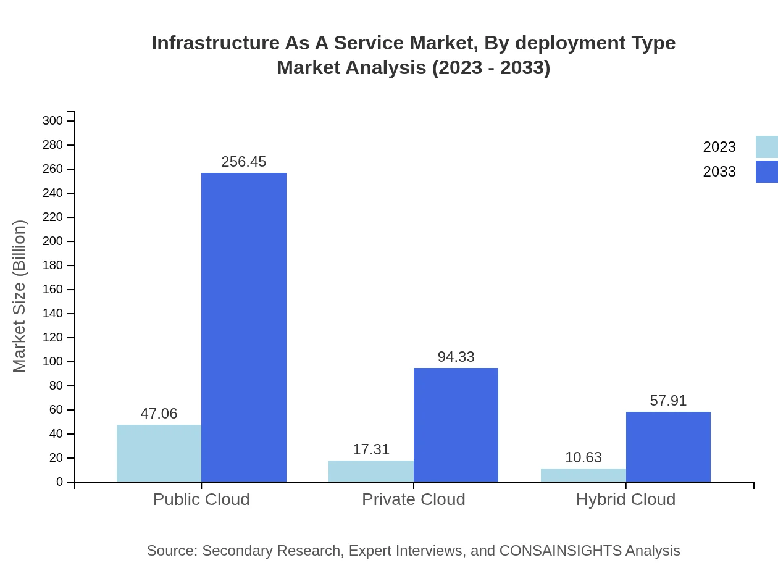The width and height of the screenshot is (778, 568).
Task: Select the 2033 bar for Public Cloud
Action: pos(244,327)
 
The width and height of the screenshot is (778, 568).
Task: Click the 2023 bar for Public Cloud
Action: pos(159,453)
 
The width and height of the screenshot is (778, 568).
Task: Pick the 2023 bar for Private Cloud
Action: pos(371,471)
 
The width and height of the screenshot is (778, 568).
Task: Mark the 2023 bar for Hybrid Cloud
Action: pos(583,475)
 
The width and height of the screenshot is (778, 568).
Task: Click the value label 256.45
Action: pos(244,162)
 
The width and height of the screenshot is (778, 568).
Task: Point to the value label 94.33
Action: pos(456,357)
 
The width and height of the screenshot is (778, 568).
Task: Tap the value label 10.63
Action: pos(583,457)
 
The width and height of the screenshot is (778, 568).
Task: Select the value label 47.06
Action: pos(159,414)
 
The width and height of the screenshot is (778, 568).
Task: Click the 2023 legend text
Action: pos(719,147)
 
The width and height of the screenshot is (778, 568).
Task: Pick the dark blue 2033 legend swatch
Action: pos(767,172)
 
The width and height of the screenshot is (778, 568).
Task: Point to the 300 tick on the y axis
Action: pos(53,120)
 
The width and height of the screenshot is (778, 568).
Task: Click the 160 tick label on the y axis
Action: pos(53,290)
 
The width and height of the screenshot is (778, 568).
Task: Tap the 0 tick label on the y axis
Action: pos(60,482)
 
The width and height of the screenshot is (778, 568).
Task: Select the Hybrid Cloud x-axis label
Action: pos(625,499)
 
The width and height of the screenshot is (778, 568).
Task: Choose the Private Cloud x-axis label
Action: pos(414,499)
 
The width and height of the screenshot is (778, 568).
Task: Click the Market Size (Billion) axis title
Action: pos(19,296)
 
